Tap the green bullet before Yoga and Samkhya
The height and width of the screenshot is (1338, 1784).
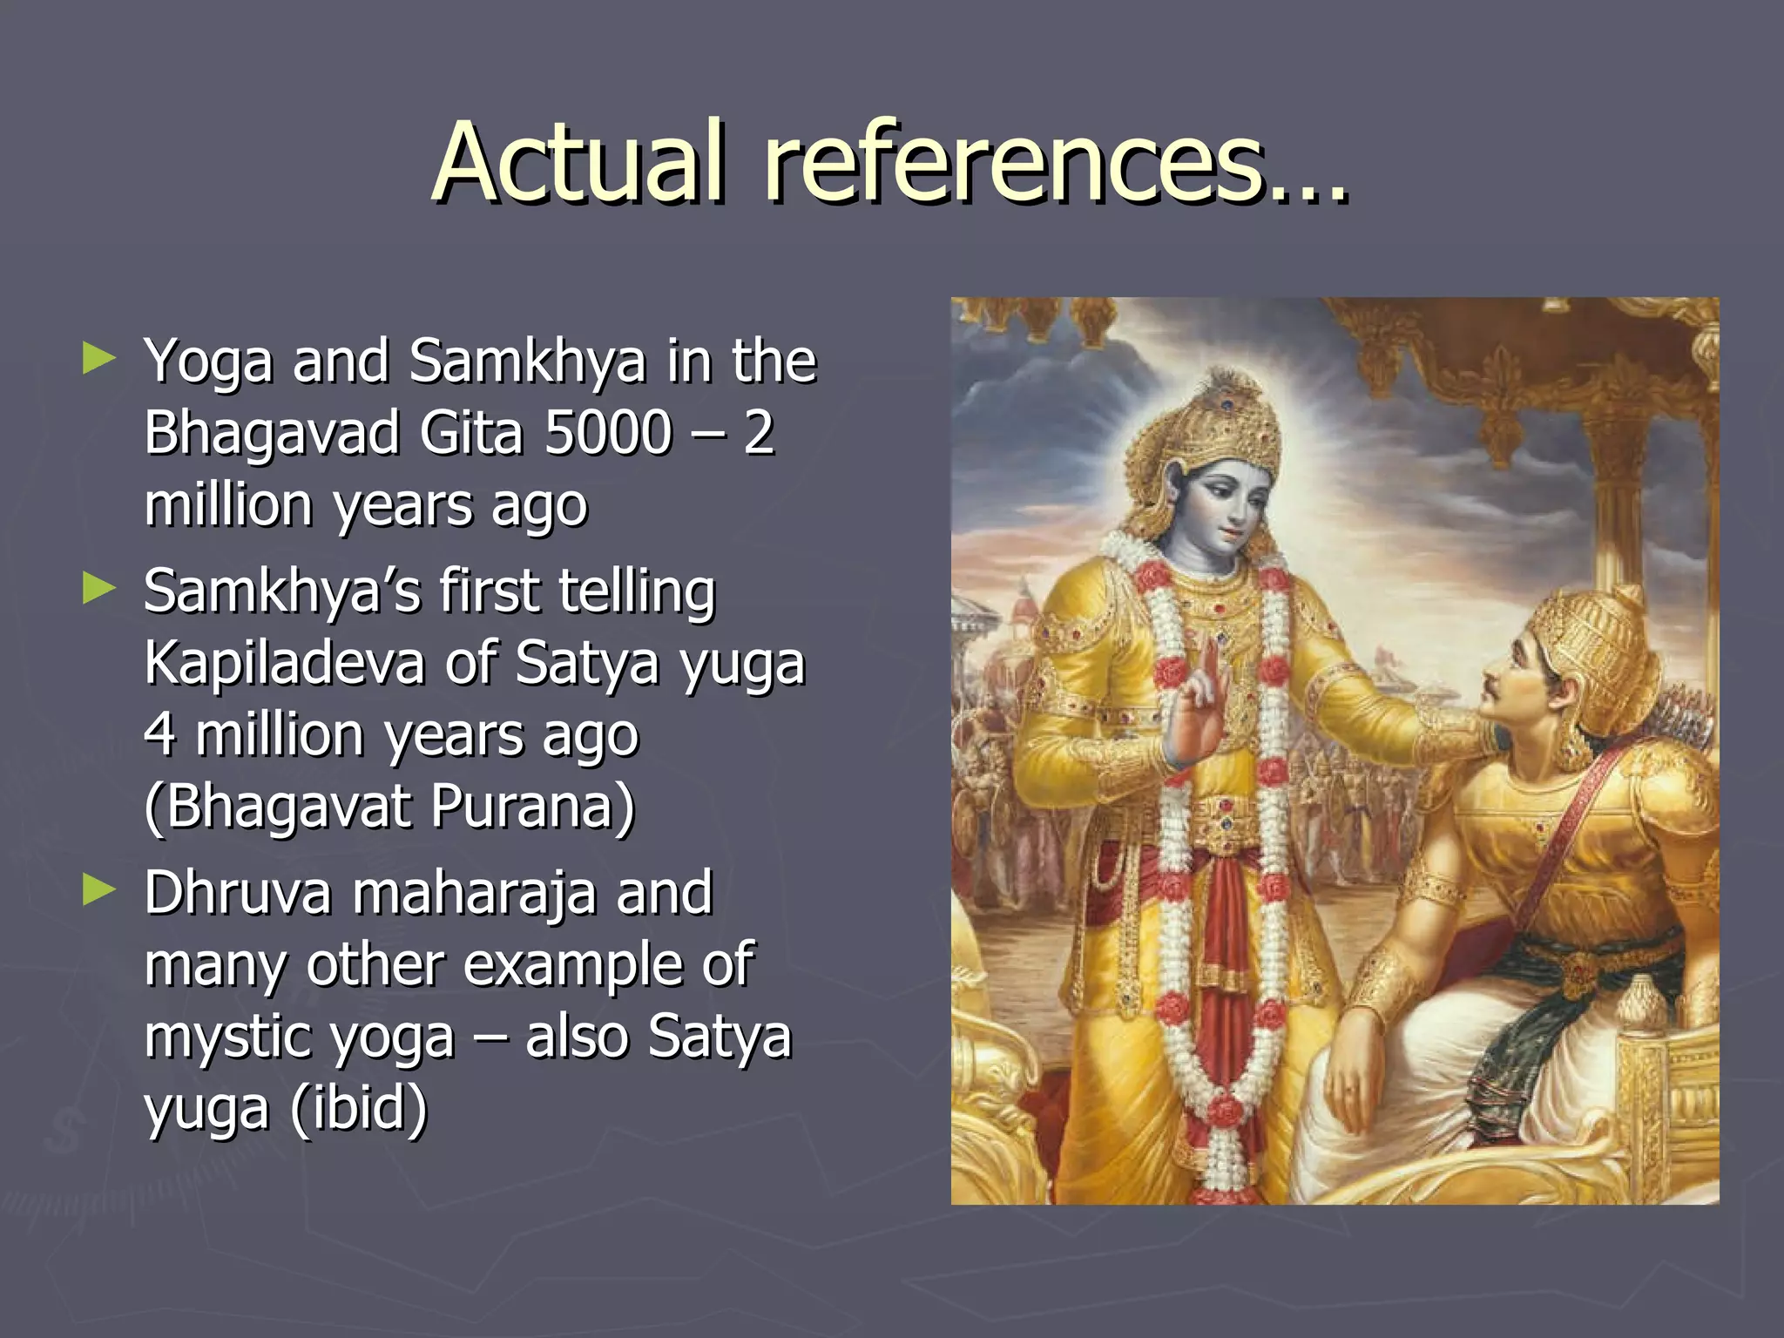click(98, 358)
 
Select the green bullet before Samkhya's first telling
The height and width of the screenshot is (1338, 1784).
click(98, 589)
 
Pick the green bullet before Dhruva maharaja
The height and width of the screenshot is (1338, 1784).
click(98, 890)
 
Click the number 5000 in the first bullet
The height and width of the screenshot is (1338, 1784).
click(608, 432)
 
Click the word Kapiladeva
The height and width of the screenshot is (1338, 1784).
click(284, 663)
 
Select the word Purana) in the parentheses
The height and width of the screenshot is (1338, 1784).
click(532, 807)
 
